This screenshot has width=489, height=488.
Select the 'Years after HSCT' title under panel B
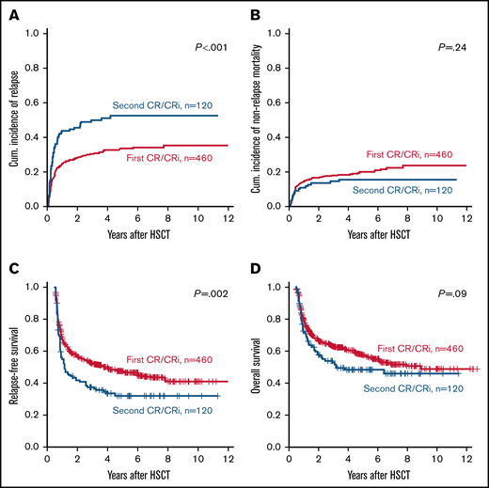click(381, 234)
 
